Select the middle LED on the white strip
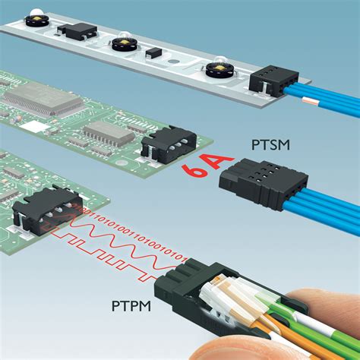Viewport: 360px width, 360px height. click(x=125, y=43)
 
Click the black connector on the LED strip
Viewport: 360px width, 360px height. click(x=271, y=78)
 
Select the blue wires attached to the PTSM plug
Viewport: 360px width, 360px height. click(x=327, y=205)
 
